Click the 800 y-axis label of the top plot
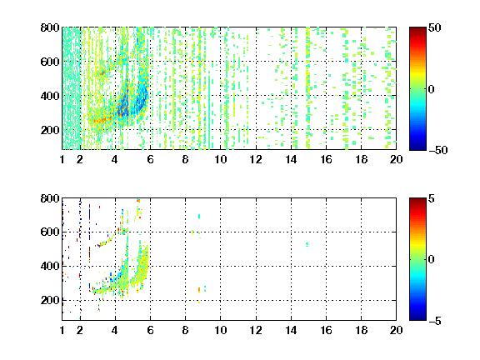coord(50,27)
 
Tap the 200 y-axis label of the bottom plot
coord(50,300)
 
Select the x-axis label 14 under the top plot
coord(291,159)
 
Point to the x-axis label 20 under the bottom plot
coord(396,330)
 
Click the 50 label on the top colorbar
coord(434,27)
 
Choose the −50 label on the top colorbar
coord(437,150)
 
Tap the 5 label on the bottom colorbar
coord(432,199)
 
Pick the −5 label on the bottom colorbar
coord(435,321)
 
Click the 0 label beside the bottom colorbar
coord(431,260)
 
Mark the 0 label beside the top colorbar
coord(431,89)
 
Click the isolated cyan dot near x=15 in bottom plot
coord(307,244)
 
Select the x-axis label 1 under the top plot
coord(62,159)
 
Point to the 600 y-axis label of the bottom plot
coord(50,232)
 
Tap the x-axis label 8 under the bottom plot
coord(185,330)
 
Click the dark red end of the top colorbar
coord(417,29)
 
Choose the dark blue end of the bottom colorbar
coord(417,318)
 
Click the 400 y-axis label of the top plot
coord(50,96)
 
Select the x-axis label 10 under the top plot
coord(220,159)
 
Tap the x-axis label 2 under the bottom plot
coord(80,330)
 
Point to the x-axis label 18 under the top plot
coord(361,159)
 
